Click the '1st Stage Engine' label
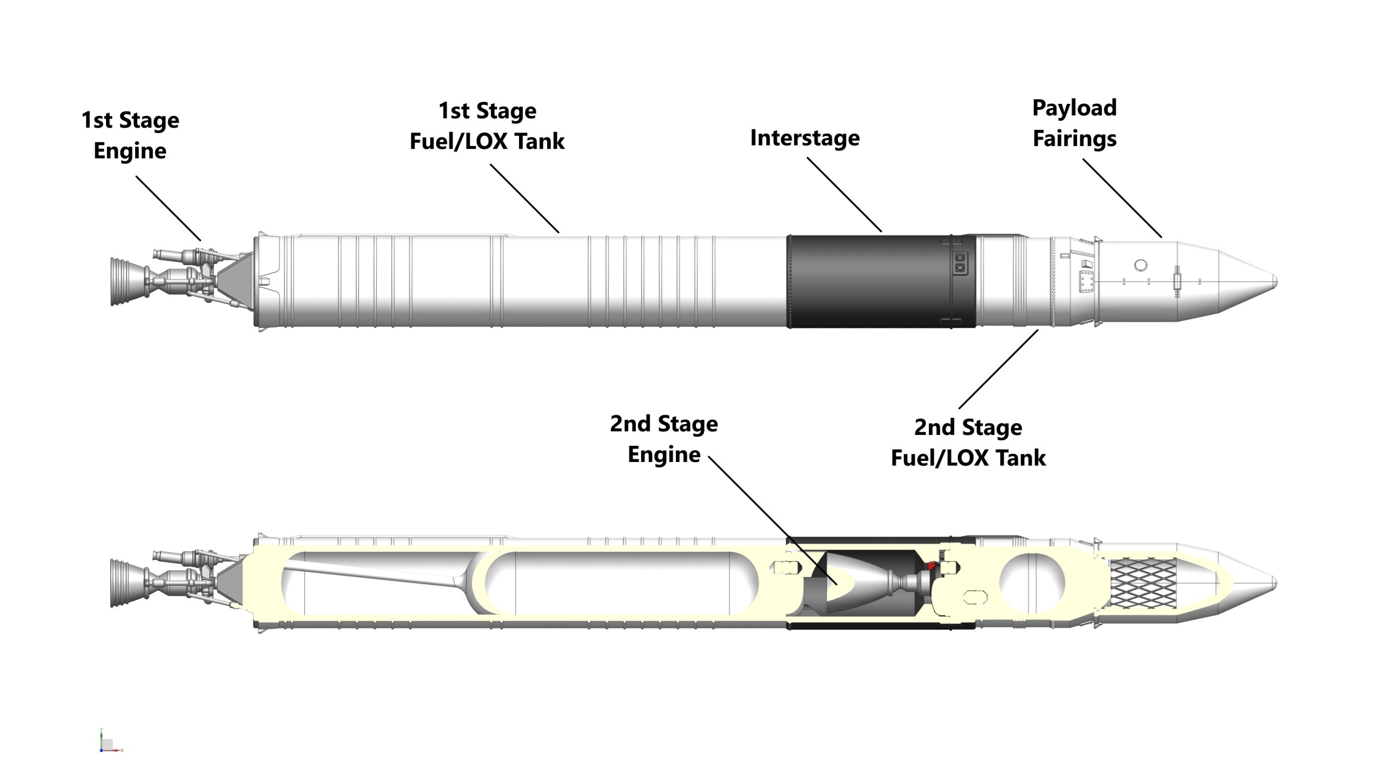[x=130, y=135]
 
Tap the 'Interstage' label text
[x=804, y=138]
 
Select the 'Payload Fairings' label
[x=1074, y=123]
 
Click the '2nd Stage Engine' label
[x=664, y=439]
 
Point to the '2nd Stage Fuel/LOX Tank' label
[x=968, y=442]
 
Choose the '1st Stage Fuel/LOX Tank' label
[x=487, y=126]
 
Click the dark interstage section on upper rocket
[x=865, y=281]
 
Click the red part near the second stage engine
[x=931, y=566]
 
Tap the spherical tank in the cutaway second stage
[x=1032, y=583]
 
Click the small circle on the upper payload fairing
[x=1140, y=265]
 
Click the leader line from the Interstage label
[x=844, y=195]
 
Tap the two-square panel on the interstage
[x=960, y=262]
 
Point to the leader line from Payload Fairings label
[x=1122, y=198]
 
